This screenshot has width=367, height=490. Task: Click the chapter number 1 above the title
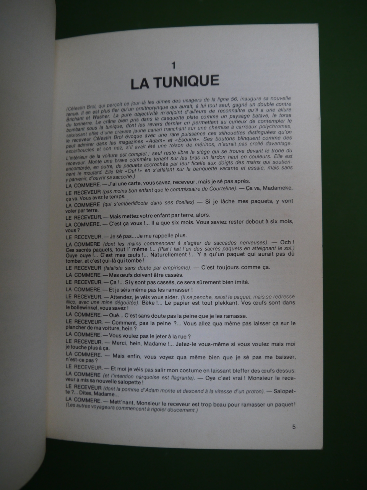pyautogui.click(x=174, y=65)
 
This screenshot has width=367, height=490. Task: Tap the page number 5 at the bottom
pyautogui.click(x=294, y=426)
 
